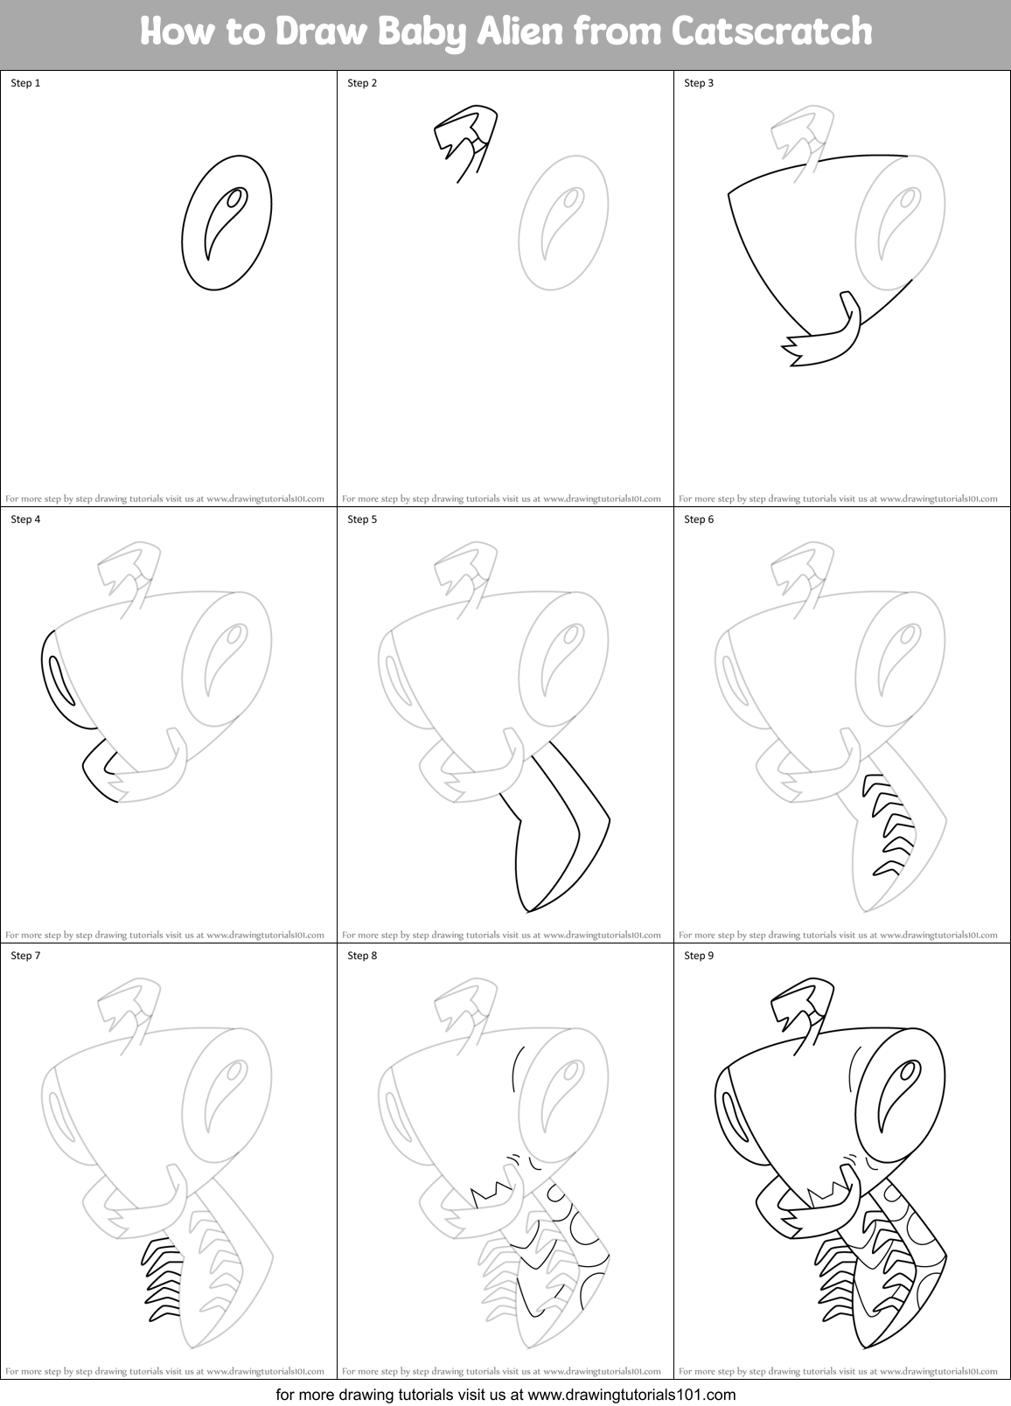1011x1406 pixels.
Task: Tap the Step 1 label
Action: click(x=25, y=83)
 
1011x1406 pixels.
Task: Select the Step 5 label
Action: click(x=362, y=519)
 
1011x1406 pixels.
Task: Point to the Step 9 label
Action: click(x=699, y=956)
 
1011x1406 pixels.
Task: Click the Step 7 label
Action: click(x=25, y=956)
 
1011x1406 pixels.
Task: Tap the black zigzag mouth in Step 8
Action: click(x=493, y=1194)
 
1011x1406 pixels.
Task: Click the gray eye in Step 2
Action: click(x=562, y=222)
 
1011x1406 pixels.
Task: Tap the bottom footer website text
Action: click(x=505, y=1394)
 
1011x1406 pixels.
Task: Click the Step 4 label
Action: click(x=25, y=519)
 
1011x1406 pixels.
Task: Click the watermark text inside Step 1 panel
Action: click(x=165, y=498)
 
